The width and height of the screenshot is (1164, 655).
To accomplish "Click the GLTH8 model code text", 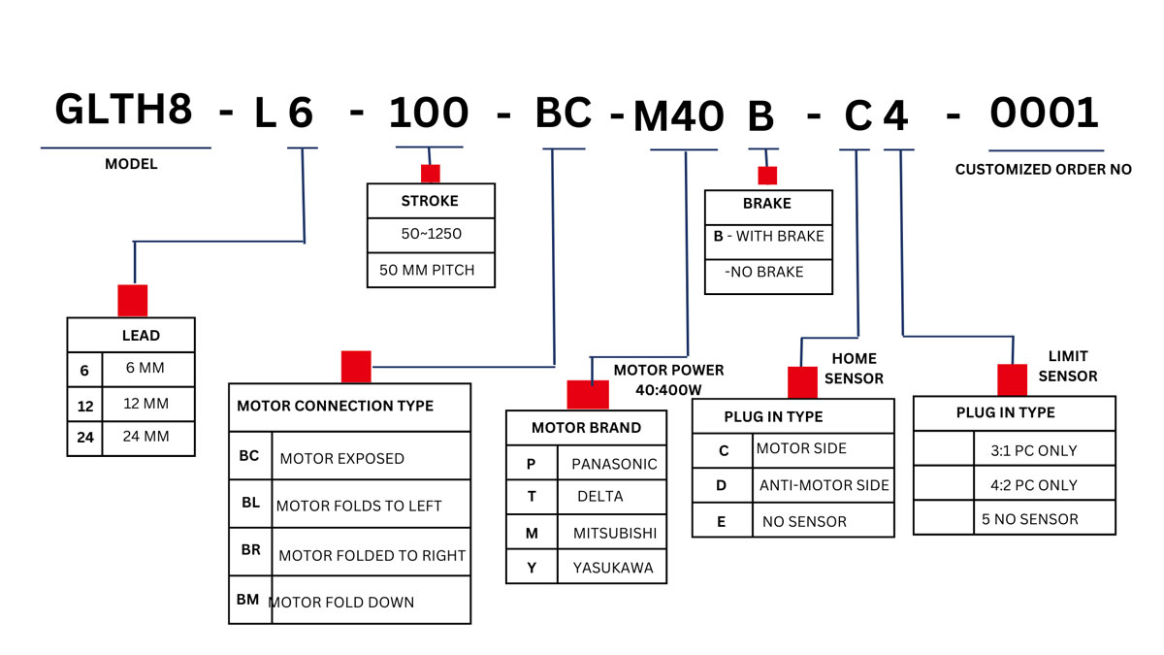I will tap(123, 111).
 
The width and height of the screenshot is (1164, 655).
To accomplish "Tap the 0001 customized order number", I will tap(1044, 114).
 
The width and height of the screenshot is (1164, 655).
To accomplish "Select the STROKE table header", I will tap(430, 202).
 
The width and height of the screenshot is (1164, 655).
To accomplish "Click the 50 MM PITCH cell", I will tap(428, 270).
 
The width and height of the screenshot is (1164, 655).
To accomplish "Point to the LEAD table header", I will tap(141, 336).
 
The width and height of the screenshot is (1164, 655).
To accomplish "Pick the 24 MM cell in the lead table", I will tap(146, 437).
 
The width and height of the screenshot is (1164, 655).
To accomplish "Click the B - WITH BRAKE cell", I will tap(768, 236).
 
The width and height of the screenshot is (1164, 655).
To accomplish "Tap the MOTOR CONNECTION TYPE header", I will tap(336, 406).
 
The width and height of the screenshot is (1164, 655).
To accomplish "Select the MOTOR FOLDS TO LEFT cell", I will tap(359, 506).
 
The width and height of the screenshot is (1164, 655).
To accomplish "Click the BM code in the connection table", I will tap(248, 600).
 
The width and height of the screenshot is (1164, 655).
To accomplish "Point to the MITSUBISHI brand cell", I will tap(614, 533).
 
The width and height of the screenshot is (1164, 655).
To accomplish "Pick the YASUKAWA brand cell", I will tap(613, 568).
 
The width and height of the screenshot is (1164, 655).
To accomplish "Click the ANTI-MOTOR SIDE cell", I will tap(824, 485).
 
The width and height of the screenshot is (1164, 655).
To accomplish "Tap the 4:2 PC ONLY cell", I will tap(1034, 485).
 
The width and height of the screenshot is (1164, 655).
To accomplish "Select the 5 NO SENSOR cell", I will tap(1029, 519).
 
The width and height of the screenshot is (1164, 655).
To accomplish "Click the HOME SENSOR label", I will tap(854, 369).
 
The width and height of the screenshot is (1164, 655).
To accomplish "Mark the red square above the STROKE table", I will tap(430, 174).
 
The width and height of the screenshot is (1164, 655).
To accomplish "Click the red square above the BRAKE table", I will tap(767, 176).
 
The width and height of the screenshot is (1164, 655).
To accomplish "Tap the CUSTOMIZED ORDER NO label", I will tap(1044, 169).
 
